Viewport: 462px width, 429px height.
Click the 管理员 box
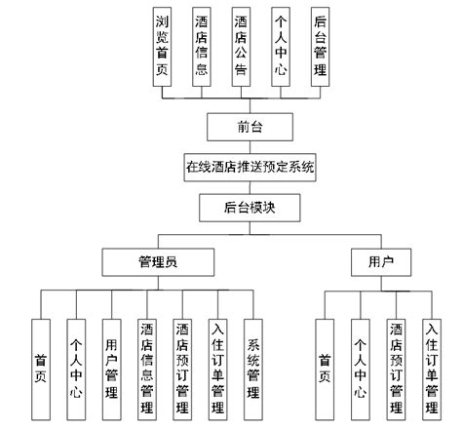click(x=158, y=262)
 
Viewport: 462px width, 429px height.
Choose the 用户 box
click(x=378, y=262)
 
